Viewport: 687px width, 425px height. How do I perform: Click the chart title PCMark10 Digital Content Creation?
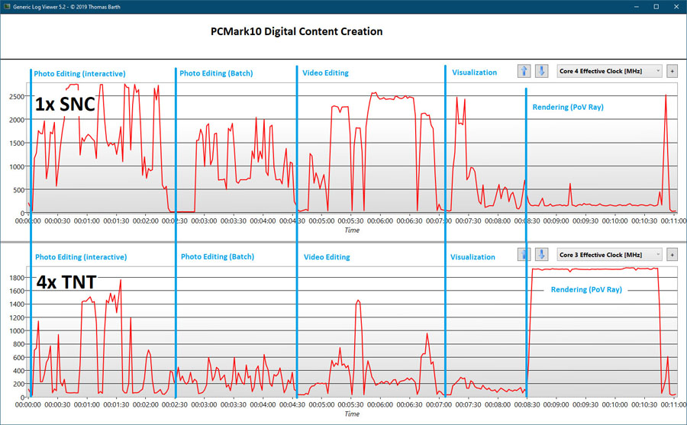tap(297, 32)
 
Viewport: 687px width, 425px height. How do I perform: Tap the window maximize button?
tap(655, 6)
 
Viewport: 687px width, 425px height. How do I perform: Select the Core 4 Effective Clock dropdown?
tap(609, 71)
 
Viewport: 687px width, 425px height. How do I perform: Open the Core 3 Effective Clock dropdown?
tap(609, 254)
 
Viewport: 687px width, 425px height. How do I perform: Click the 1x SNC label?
tap(65, 105)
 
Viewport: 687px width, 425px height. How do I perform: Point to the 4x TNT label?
tap(66, 282)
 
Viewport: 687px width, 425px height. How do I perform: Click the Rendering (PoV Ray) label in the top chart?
tap(567, 108)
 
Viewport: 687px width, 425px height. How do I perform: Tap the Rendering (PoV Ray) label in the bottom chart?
tap(585, 290)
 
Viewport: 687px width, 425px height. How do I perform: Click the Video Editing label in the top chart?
tap(325, 73)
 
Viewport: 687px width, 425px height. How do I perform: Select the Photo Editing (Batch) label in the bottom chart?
tap(218, 257)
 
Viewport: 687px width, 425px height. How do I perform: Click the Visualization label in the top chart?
tap(474, 73)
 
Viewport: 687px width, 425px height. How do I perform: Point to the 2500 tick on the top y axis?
tap(15, 97)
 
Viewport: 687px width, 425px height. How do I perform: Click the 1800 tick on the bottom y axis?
tap(15, 279)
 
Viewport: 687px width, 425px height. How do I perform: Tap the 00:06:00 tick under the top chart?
tap(380, 221)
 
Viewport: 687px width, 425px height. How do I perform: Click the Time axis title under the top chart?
tap(352, 230)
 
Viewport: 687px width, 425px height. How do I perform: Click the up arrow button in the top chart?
tap(524, 71)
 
